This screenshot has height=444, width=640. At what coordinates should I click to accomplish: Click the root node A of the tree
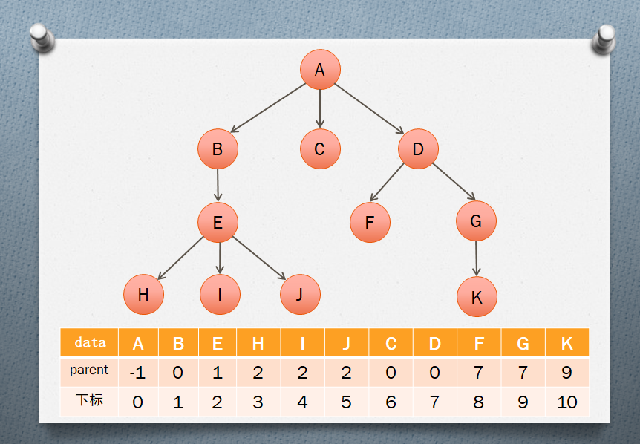320,70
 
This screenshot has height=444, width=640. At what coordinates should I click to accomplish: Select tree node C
320,149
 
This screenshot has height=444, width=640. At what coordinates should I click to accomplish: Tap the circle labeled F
370,222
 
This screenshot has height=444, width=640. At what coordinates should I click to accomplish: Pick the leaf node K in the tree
477,297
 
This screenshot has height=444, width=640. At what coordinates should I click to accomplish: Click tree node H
143,295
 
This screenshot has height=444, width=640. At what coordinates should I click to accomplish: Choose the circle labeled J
300,294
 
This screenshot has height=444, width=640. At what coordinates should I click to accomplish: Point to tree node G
476,221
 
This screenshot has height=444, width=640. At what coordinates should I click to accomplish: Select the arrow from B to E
218,184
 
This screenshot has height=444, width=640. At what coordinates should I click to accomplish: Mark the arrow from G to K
477,258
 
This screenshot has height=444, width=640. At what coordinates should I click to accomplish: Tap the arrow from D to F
388,182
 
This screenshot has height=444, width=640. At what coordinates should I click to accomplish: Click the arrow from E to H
180,258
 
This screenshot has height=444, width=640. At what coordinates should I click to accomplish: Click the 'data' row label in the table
89,342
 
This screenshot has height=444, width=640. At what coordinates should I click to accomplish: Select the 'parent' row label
89,370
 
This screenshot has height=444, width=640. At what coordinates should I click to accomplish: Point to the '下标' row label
89,401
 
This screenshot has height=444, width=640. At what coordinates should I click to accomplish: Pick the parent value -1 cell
137,372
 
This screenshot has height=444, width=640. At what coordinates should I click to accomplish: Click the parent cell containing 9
566,372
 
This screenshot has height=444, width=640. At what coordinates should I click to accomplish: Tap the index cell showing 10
566,402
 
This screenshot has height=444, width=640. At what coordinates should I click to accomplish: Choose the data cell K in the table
566,343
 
